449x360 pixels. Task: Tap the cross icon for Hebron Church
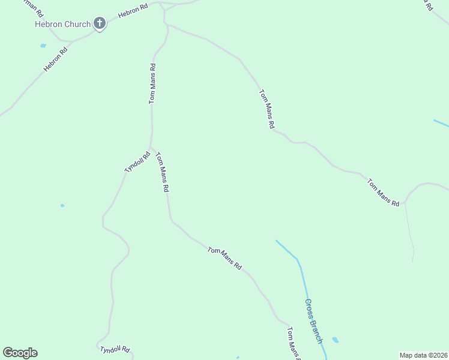[100, 24]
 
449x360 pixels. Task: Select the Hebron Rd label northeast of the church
[133, 12]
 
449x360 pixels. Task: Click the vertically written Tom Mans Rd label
[152, 84]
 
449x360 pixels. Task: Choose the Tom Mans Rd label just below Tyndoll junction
[162, 172]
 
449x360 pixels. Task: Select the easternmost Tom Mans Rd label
[383, 193]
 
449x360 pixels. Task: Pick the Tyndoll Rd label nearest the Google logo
[115, 349]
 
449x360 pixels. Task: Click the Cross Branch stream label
[313, 322]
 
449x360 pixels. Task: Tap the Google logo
[20, 353]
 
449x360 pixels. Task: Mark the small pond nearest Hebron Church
[43, 46]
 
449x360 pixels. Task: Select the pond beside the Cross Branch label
[335, 340]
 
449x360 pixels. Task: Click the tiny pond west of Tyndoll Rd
[62, 206]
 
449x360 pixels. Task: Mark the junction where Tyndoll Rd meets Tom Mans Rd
[150, 148]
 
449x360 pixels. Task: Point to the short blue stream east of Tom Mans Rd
[441, 123]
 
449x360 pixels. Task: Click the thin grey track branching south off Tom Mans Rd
[410, 234]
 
